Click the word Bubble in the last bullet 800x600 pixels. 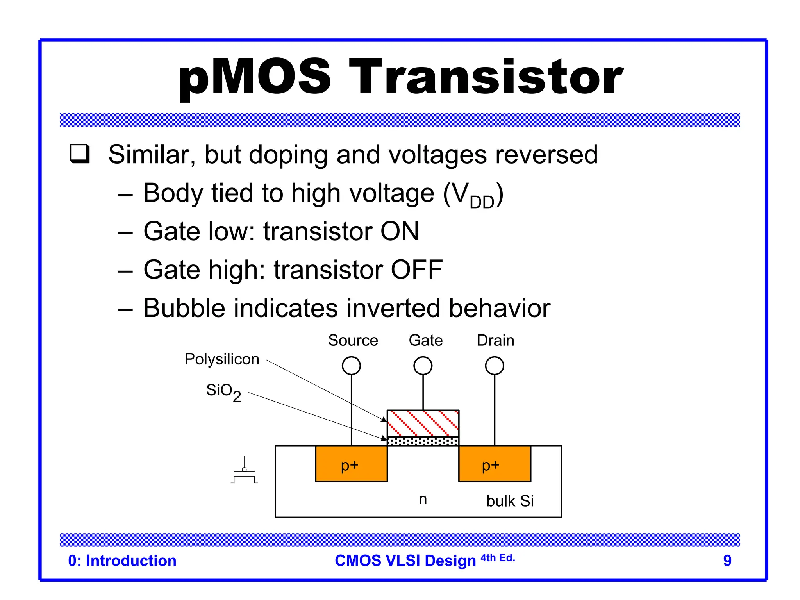[x=184, y=308]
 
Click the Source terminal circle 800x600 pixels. [x=351, y=366]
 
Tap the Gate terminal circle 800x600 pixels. [x=423, y=366]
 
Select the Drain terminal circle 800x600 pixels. [x=494, y=366]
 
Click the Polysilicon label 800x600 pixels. [x=222, y=359]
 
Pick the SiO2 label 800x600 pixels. [x=223, y=391]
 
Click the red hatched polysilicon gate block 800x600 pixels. [x=423, y=423]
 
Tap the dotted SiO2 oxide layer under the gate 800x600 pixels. [x=423, y=441]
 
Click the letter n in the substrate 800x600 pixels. [x=423, y=499]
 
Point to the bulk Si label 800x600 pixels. [x=510, y=501]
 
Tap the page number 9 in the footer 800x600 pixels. [x=727, y=561]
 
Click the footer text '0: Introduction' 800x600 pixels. [x=122, y=561]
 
